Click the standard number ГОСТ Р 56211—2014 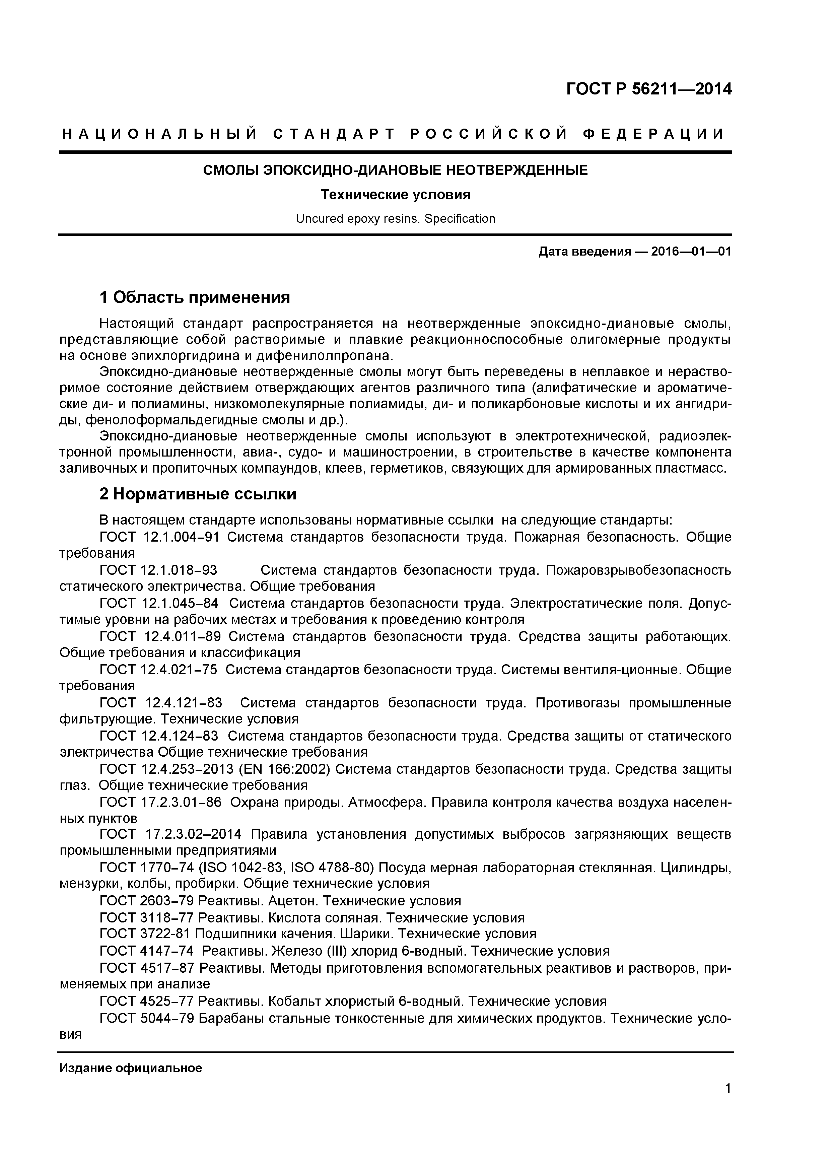coord(648,89)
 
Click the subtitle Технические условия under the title coord(395,195)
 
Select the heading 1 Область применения coord(195,297)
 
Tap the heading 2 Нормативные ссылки coord(198,494)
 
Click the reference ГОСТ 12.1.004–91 coord(159,537)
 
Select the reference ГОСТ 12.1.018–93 coord(159,570)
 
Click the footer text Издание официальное coord(131,1068)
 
